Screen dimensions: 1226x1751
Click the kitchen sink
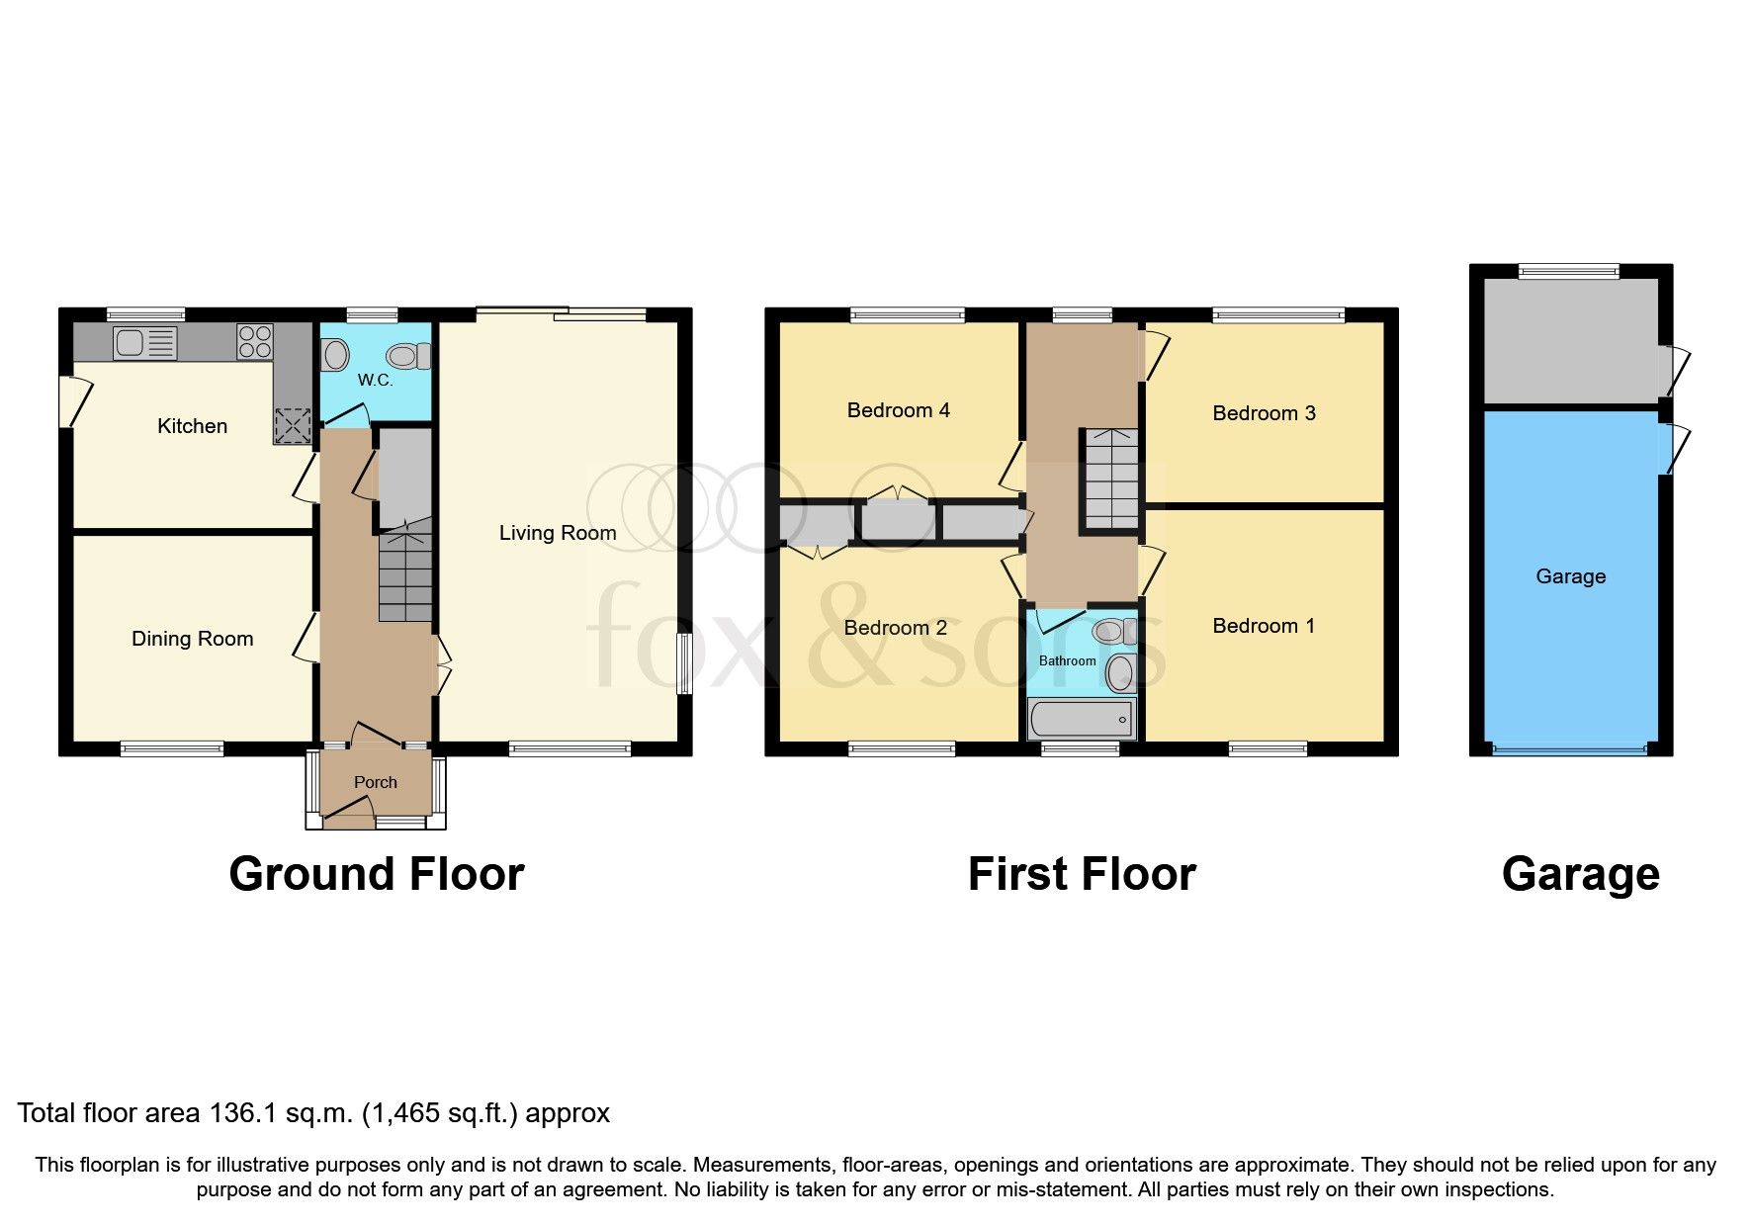pyautogui.click(x=144, y=343)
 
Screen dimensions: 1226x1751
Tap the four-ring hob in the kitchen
pyautogui.click(x=254, y=341)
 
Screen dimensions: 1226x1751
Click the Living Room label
pyautogui.click(x=557, y=533)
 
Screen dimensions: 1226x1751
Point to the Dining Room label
pyautogui.click(x=192, y=639)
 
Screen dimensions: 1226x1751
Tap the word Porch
pyautogui.click(x=375, y=782)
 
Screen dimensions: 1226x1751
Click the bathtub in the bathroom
pyautogui.click(x=1082, y=719)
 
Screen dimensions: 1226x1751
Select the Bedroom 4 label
pyautogui.click(x=898, y=410)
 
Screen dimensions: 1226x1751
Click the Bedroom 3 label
pyautogui.click(x=1263, y=413)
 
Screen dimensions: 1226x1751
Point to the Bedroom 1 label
pyautogui.click(x=1263, y=626)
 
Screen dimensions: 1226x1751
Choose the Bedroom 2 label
pyautogui.click(x=895, y=628)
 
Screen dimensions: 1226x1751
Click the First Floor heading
pyautogui.click(x=1081, y=874)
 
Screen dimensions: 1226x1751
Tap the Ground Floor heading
pyautogui.click(x=376, y=874)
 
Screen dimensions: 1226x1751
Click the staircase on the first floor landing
pyautogui.click(x=1111, y=479)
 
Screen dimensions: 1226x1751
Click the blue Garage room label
pyautogui.click(x=1569, y=576)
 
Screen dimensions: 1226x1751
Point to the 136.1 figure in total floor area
pyautogui.click(x=244, y=1113)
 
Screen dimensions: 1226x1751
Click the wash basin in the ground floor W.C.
pyautogui.click(x=335, y=355)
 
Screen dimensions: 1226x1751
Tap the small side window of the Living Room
pyautogui.click(x=682, y=663)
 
